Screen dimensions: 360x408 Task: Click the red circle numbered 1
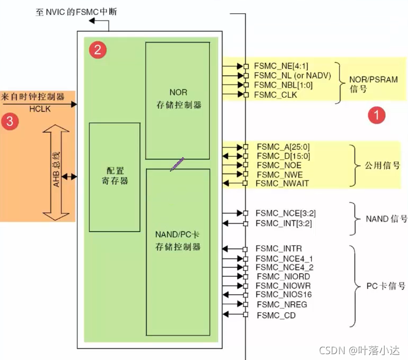click(x=377, y=115)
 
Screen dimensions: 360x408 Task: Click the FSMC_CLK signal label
click(x=275, y=95)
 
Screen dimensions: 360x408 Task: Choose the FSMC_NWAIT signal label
click(x=282, y=183)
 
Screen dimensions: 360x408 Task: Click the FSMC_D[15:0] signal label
click(x=283, y=156)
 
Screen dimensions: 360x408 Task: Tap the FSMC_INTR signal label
click(x=279, y=248)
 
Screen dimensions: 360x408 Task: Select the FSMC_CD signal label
click(x=276, y=315)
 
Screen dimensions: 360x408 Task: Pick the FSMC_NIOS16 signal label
click(x=283, y=294)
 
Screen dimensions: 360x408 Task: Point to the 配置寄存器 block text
click(x=115, y=176)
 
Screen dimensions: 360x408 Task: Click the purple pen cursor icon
click(x=177, y=164)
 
